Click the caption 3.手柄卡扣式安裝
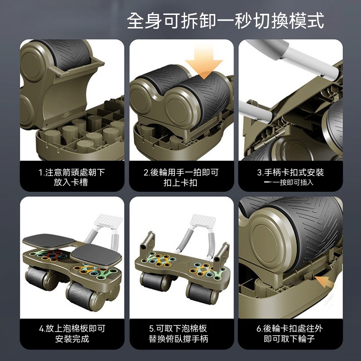pos(290,172)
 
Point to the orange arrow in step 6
pos(324,281)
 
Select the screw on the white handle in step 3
pos(322,74)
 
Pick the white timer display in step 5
pos(204,220)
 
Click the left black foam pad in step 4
pos(49,241)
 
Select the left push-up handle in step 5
pos(148,242)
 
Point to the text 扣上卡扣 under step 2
pos(180,183)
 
